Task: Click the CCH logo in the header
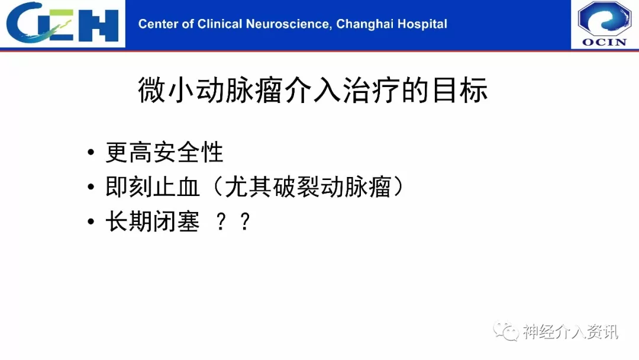click(x=62, y=22)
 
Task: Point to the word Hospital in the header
click(x=422, y=24)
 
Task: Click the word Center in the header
click(x=158, y=24)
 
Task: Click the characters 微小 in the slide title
click(x=166, y=90)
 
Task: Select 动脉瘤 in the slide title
click(x=239, y=90)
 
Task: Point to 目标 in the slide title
click(x=460, y=90)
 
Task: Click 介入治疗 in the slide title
click(x=343, y=90)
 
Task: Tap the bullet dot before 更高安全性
click(x=91, y=153)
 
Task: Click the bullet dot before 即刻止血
click(x=91, y=188)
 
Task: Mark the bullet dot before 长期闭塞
click(x=91, y=222)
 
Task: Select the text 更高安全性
click(x=164, y=153)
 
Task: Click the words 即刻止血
click(x=153, y=187)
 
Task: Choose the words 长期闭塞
click(x=153, y=222)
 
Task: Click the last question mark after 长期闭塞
click(x=245, y=222)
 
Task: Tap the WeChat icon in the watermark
click(x=506, y=331)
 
